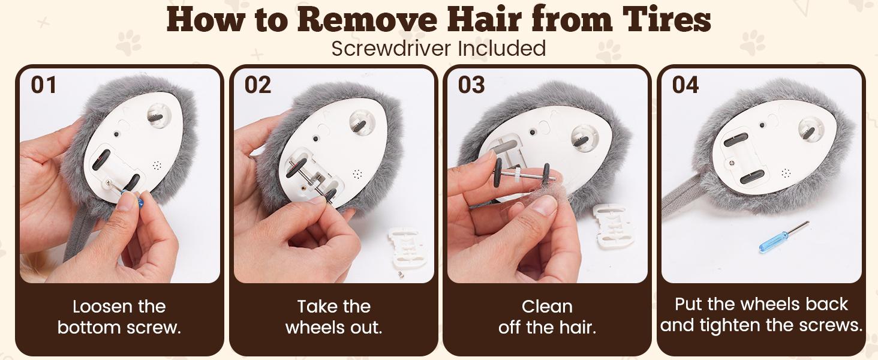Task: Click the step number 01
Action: point(44,85)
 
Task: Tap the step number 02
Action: point(257,85)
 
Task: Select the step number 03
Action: point(471,85)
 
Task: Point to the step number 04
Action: point(685,85)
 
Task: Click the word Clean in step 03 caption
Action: point(547,306)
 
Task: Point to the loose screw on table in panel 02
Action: point(401,275)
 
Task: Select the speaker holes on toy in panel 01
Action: point(157,165)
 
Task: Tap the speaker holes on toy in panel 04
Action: point(786,173)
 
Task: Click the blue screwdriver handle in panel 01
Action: point(135,199)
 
